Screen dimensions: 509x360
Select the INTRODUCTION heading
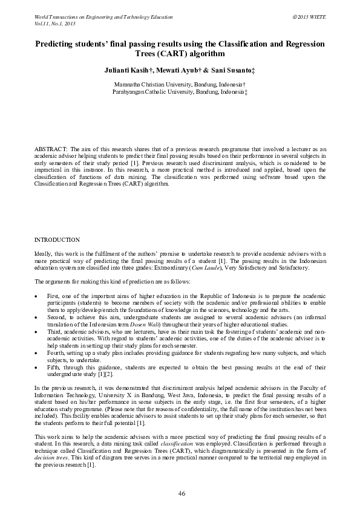(57, 240)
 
